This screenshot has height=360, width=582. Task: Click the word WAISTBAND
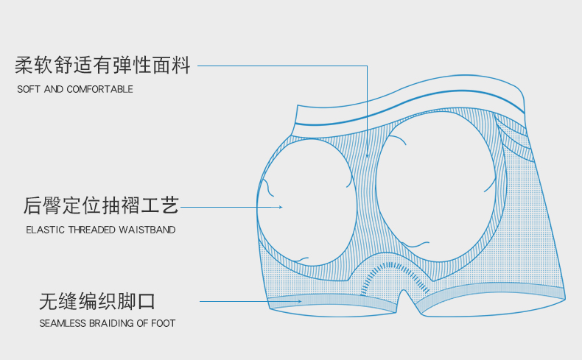(147, 230)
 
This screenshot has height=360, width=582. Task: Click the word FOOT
(163, 323)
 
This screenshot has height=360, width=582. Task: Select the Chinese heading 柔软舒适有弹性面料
(102, 66)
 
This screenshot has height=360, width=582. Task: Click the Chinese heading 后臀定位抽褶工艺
(102, 205)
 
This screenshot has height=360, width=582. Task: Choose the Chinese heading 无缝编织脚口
(97, 301)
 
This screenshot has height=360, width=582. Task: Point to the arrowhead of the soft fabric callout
(367, 156)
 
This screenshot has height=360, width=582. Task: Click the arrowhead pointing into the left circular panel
(281, 207)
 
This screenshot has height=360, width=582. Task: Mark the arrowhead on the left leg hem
(299, 301)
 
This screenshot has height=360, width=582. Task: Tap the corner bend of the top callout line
(367, 66)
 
